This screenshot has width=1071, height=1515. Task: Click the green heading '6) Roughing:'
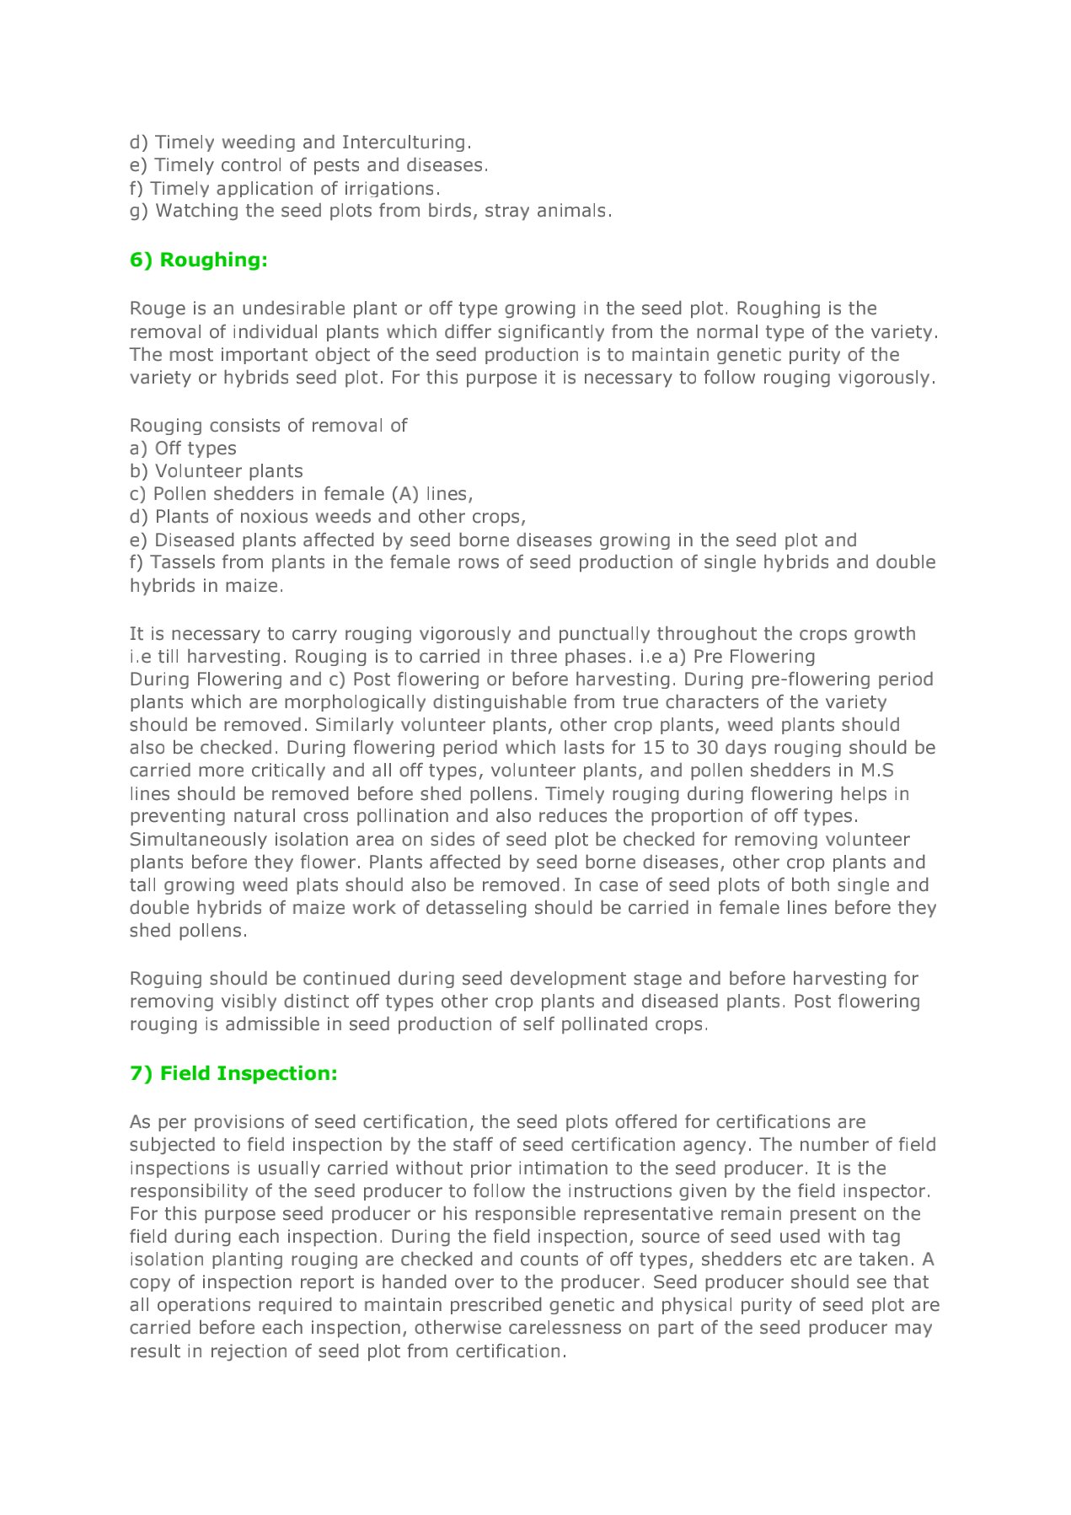point(198,260)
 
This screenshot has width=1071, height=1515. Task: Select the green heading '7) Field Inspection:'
point(233,1073)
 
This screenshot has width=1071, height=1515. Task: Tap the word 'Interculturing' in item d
point(404,142)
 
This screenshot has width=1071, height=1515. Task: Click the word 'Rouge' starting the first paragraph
point(157,309)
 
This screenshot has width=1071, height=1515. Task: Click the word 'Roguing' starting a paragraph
point(166,979)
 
